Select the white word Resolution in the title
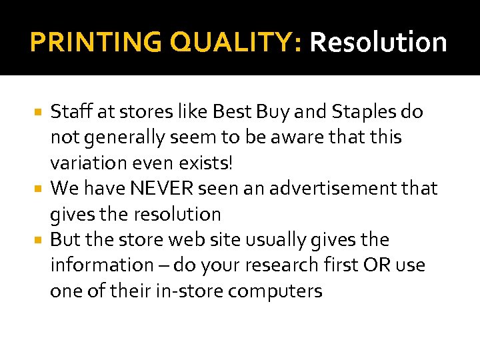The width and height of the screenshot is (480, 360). [x=378, y=42]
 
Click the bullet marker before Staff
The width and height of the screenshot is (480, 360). [x=40, y=112]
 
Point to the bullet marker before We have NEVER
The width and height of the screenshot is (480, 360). [x=40, y=189]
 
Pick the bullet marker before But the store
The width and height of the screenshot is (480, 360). [x=40, y=239]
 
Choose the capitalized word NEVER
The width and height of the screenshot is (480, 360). [x=161, y=189]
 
